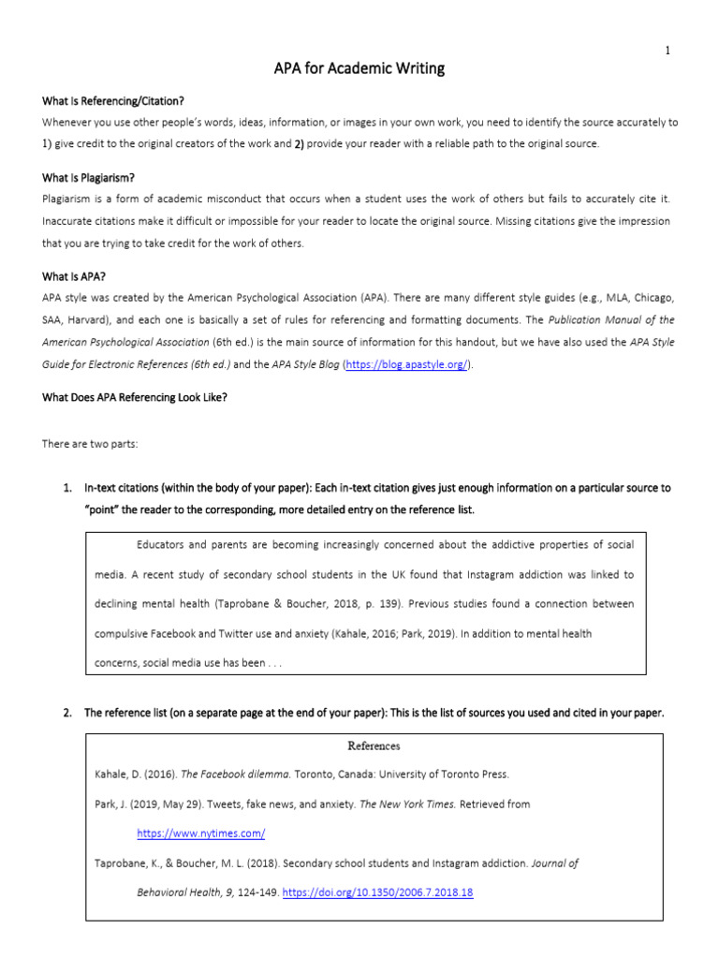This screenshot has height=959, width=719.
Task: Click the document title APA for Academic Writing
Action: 359,68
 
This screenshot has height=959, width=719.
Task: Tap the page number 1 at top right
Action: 668,51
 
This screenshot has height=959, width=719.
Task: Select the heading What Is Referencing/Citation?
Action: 120,101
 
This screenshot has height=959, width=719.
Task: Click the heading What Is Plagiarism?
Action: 89,177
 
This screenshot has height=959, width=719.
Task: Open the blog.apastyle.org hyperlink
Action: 406,364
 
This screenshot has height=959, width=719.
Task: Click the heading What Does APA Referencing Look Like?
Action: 135,397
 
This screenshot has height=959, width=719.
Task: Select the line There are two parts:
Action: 90,444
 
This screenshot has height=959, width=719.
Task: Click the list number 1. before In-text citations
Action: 67,488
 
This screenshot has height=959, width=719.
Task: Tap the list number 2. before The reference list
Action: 67,713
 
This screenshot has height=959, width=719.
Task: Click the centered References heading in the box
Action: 374,746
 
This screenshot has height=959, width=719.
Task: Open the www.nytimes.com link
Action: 201,833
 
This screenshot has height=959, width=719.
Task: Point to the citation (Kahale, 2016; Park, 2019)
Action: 403,633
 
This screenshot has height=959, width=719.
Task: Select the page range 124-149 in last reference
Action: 255,893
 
